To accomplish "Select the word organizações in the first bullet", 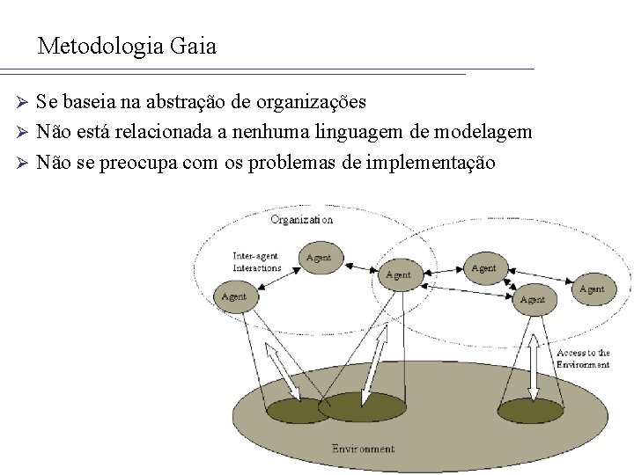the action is click(312, 102).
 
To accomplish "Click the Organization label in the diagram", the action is click(301, 219).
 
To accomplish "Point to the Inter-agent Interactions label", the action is click(256, 262).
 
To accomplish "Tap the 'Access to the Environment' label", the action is click(582, 358).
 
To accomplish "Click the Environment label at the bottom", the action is click(363, 449).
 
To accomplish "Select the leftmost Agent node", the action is click(234, 296).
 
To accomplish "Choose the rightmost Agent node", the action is click(592, 289).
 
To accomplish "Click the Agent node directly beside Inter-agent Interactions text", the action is click(319, 258).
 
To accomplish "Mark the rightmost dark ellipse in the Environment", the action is click(531, 409).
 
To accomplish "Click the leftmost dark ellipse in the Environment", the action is click(296, 410).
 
